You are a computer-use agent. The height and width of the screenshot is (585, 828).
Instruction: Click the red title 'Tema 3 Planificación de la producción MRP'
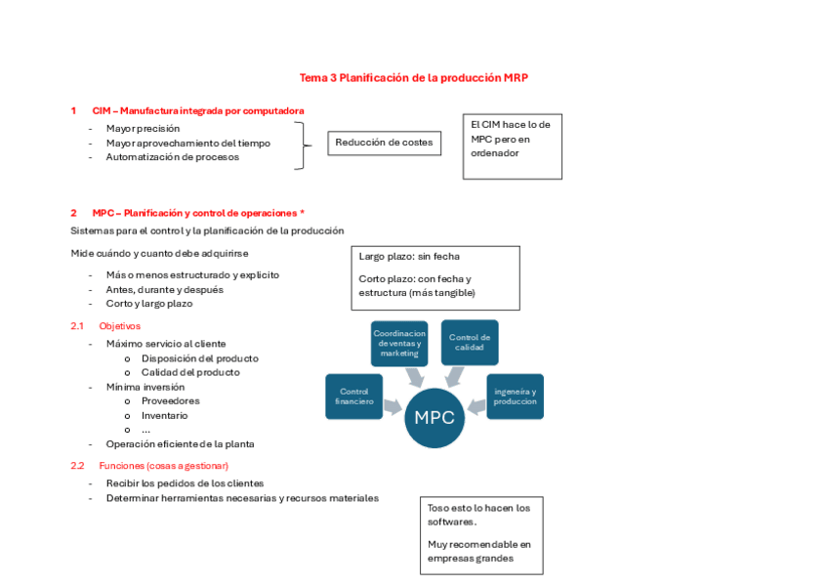tap(413, 77)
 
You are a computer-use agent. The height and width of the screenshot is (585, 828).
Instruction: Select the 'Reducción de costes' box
tap(384, 144)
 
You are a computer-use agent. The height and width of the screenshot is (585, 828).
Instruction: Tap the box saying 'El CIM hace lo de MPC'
tap(512, 146)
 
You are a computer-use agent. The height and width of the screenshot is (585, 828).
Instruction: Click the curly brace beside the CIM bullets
tap(302, 146)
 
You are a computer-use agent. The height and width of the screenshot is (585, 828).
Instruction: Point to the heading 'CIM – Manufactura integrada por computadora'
tap(198, 111)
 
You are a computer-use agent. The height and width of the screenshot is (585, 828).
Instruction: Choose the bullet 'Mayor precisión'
tap(143, 128)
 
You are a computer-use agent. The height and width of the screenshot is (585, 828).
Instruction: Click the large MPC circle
tap(435, 417)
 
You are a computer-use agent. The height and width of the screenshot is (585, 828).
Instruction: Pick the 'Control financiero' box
tap(354, 397)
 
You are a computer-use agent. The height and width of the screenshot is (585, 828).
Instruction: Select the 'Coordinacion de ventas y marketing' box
tap(399, 343)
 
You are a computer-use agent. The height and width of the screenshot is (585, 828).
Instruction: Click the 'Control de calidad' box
tap(470, 343)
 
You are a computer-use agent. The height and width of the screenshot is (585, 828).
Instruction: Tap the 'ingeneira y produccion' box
tap(515, 397)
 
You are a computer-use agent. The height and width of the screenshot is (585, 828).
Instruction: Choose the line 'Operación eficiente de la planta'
tap(180, 443)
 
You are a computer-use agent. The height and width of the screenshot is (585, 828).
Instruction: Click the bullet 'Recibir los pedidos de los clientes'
tap(185, 483)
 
